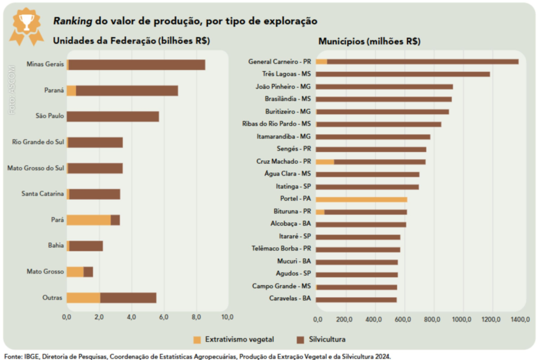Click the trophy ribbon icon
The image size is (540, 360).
coord(26,25)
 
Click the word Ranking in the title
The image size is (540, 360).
coord(72,22)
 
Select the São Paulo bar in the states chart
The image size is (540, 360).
coord(113,116)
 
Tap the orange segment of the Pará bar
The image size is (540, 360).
coord(89,220)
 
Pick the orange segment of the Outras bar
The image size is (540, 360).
coord(83,298)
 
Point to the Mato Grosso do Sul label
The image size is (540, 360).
coord(36,169)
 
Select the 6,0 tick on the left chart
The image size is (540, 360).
coord(163,317)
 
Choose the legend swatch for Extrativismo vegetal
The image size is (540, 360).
coord(197,339)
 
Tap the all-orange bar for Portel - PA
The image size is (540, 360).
coord(361,199)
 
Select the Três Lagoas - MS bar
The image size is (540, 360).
coord(403,74)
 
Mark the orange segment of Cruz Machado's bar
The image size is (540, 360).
coord(325,161)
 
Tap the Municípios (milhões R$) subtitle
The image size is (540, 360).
coord(369,41)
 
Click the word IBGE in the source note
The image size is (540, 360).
coord(32,356)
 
